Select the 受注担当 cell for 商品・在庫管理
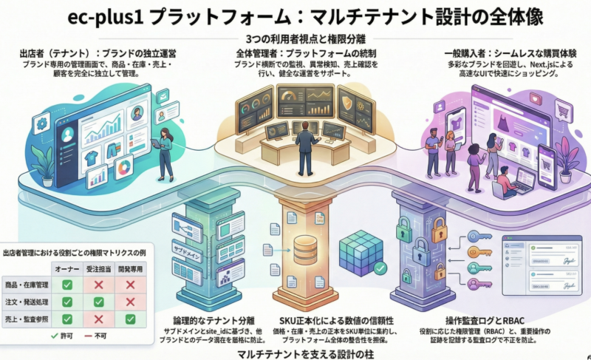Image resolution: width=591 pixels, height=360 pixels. (99, 285)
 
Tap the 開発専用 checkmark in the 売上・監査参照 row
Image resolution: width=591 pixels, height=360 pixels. (130, 319)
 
